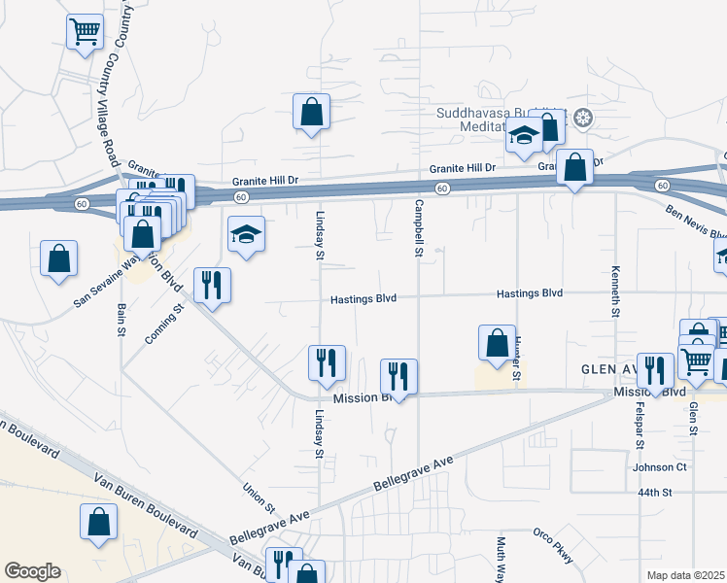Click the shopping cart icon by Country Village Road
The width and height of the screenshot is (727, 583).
[85, 33]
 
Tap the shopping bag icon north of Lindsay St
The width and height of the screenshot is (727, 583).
[312, 113]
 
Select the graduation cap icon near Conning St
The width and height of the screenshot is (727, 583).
[246, 234]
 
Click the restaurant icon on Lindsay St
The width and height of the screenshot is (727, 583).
[327, 363]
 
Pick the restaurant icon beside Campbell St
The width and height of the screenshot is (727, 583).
[398, 376]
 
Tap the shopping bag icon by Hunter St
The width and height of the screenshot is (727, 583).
[497, 343]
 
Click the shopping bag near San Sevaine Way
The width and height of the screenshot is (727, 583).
[59, 258]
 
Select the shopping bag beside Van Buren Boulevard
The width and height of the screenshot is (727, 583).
[99, 522]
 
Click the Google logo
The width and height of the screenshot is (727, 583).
[32, 571]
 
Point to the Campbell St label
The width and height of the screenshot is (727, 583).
[419, 228]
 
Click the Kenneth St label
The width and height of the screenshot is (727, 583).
[615, 291]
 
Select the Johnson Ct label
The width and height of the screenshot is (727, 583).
[660, 467]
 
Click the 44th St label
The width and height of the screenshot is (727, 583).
[655, 493]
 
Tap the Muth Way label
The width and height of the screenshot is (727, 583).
[501, 559]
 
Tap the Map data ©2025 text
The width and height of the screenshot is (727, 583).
[685, 575]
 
